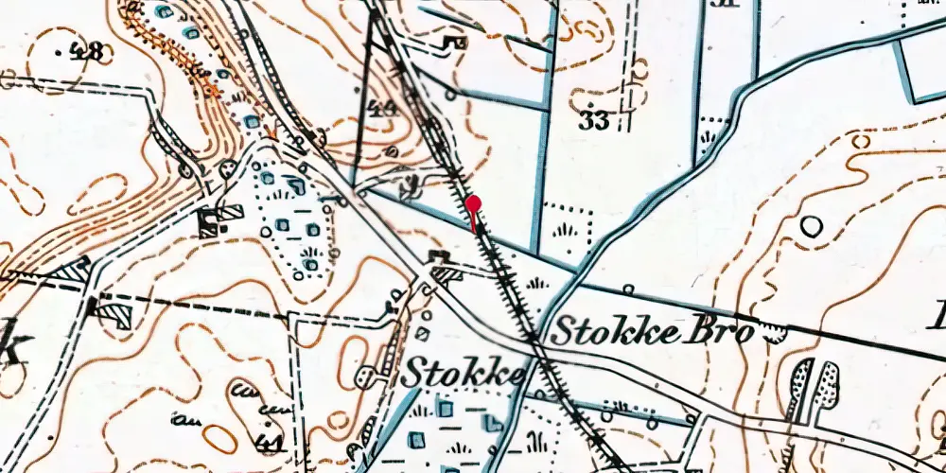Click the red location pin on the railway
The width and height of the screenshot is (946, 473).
(472, 205)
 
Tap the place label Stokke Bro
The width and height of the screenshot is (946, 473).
(652, 332)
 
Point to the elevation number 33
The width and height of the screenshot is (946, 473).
(592, 120)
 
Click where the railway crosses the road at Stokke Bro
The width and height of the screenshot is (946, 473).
(532, 336)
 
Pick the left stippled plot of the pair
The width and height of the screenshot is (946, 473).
(800, 388)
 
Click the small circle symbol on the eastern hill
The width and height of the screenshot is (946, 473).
(811, 226)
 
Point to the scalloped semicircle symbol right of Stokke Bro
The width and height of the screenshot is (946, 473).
(778, 331)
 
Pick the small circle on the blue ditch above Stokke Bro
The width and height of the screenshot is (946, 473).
(628, 289)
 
